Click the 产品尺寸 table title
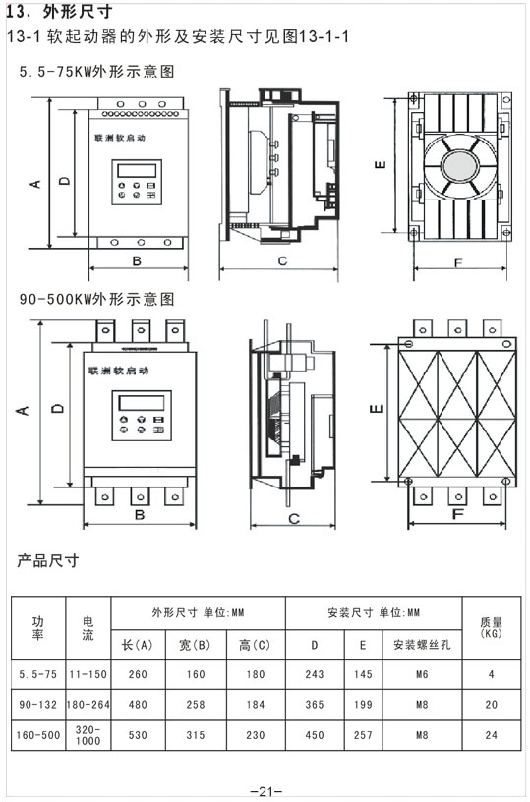48,561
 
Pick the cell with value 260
138,675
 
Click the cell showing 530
138,734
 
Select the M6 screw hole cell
421,675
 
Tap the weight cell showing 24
492,734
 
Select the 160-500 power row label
38,734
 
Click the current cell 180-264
88,704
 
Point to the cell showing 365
315,704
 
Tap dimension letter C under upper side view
281,261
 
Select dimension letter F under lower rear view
458,514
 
